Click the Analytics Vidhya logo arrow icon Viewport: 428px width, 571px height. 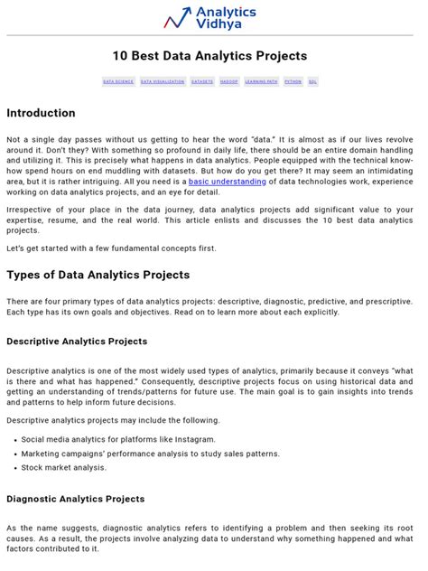coord(177,17)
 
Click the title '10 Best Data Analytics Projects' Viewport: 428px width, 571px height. coord(209,56)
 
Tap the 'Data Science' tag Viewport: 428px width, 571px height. coord(118,81)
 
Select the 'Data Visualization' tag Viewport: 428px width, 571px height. coord(163,81)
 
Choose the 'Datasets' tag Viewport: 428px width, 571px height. coord(202,81)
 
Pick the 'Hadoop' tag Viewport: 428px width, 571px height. coord(229,81)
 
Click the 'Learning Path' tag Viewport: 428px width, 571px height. coord(261,81)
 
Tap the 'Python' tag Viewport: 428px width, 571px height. coord(293,81)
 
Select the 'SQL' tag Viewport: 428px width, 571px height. coord(312,81)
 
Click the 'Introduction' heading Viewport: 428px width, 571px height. coord(41,113)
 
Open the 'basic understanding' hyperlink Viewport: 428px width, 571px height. coord(227,182)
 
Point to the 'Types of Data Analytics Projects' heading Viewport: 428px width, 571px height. coord(98,274)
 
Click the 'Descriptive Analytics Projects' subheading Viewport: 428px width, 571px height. coord(77,342)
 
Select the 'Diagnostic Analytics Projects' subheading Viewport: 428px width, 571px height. coord(75,499)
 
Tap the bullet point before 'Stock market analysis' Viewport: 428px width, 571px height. coord(14,468)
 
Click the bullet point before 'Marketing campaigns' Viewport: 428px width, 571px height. coord(14,454)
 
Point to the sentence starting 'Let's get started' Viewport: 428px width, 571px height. coord(111,248)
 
